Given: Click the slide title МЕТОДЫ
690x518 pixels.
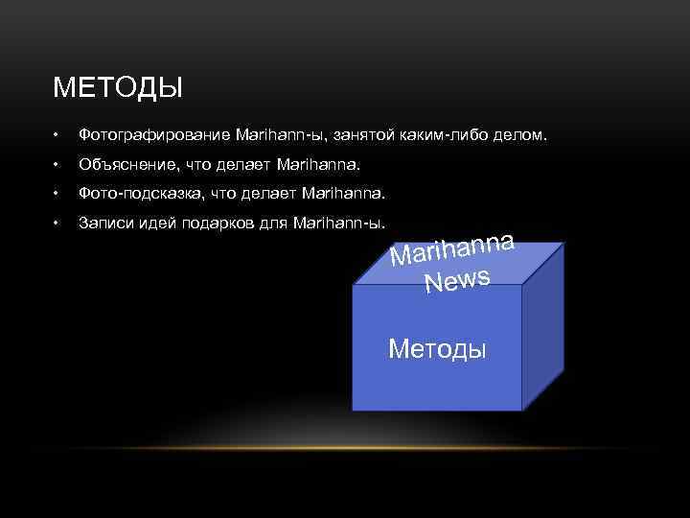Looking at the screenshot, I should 118,90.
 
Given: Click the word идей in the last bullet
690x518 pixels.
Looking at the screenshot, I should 156,223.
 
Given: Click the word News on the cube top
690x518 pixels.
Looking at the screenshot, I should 458,280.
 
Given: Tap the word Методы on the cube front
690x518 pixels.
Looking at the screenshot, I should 438,347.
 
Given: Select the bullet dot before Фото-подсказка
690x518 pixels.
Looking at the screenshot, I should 57,194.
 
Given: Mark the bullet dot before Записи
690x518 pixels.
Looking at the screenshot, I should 57,223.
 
